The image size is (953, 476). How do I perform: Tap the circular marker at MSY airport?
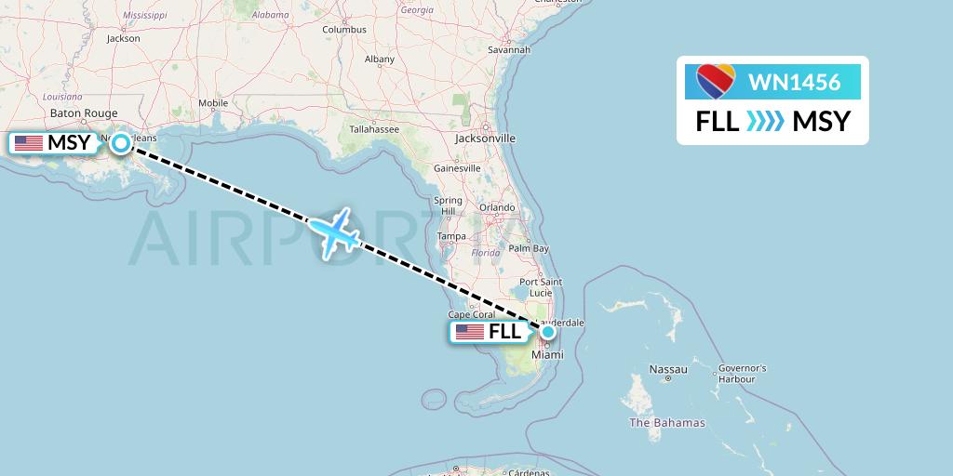click(x=121, y=143)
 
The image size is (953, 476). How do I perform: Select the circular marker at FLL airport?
click(x=548, y=332)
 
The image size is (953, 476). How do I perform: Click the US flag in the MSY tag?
click(x=29, y=143)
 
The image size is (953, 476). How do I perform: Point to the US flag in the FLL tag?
click(x=469, y=333)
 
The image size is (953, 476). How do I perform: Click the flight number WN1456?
click(x=794, y=83)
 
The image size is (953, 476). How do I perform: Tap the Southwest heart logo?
click(x=716, y=82)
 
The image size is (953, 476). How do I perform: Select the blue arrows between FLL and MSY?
click(x=766, y=122)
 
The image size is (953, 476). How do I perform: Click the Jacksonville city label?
click(x=485, y=138)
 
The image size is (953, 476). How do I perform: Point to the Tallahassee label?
click(x=374, y=129)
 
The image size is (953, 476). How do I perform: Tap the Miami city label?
click(x=547, y=355)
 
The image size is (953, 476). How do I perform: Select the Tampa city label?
click(x=451, y=236)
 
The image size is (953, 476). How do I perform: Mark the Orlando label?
click(x=497, y=207)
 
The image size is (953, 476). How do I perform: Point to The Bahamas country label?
click(x=667, y=423)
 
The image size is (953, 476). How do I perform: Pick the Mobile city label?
click(x=213, y=103)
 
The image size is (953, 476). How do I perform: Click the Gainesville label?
click(x=456, y=168)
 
